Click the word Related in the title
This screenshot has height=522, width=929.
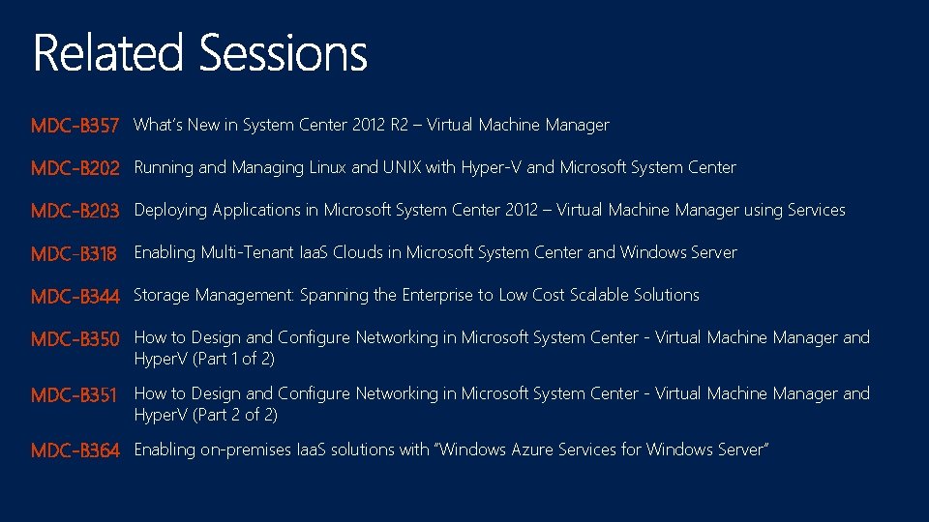tap(107, 53)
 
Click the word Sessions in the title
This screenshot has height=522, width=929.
tap(284, 53)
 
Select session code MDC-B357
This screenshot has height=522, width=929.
tap(75, 126)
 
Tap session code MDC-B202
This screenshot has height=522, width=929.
tap(75, 168)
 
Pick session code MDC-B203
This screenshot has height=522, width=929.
tap(75, 211)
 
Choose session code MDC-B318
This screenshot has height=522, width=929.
tap(74, 253)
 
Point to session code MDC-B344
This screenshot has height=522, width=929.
tap(75, 296)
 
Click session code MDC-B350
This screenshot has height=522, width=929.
tap(75, 339)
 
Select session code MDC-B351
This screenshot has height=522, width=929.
tap(74, 395)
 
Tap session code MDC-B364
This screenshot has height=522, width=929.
tap(75, 450)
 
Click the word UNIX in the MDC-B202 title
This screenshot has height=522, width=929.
tap(403, 167)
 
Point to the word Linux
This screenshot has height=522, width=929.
tap(328, 167)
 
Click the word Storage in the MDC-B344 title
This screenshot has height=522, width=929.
tap(162, 295)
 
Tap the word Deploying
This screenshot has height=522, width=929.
tap(170, 211)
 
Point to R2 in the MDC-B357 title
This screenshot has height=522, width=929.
tap(399, 125)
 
